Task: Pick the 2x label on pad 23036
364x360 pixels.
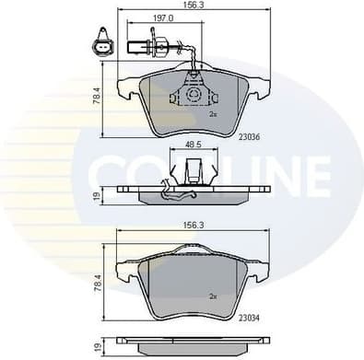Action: click(x=212, y=114)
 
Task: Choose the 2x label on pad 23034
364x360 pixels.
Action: click(x=212, y=296)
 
